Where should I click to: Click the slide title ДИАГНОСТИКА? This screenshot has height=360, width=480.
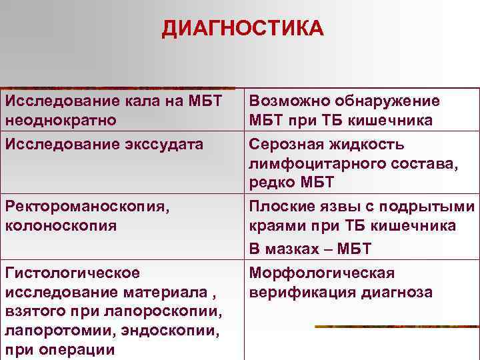[x=243, y=29]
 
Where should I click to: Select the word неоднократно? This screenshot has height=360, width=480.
[x=61, y=121]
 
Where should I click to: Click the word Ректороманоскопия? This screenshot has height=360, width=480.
[x=84, y=207]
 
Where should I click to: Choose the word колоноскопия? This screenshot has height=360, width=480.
[x=61, y=226]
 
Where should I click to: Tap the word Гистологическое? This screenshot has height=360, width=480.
[x=73, y=273]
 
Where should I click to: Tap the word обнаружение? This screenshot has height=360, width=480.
[x=389, y=101]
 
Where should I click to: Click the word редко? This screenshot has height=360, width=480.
[x=273, y=183]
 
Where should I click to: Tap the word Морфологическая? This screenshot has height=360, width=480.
[x=322, y=273]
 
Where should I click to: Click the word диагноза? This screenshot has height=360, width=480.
[x=396, y=292]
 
